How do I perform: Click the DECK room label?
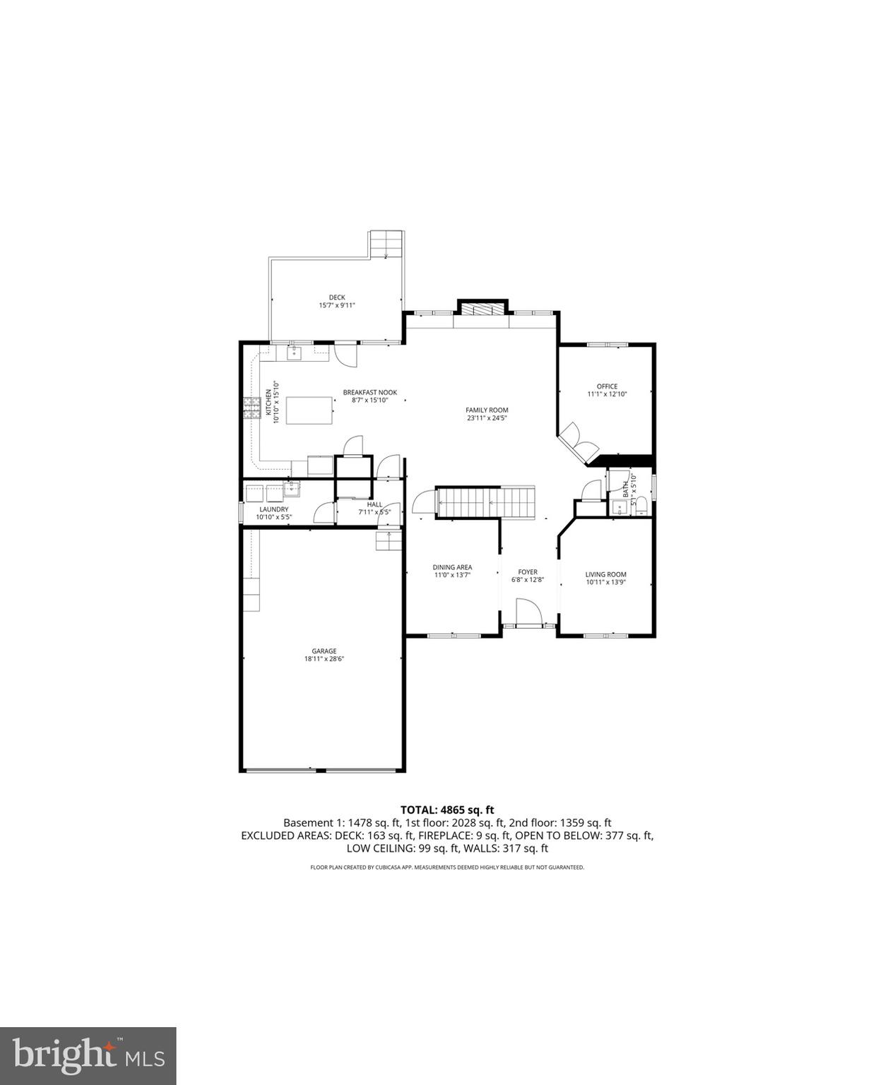[337, 297]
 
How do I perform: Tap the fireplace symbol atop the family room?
[482, 309]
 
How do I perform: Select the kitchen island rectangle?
[309, 408]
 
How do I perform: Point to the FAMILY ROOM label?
[486, 410]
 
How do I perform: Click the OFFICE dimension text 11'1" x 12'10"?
[607, 394]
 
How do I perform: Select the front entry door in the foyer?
[528, 612]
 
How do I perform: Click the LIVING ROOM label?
[605, 574]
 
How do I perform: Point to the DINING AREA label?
[452, 567]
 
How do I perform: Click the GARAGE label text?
[324, 651]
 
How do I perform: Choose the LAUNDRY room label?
[273, 509]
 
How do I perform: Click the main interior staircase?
[486, 502]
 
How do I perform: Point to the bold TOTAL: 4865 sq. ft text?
[446, 810]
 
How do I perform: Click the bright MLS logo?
[88, 1056]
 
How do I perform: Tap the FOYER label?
[527, 572]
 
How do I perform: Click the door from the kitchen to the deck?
[345, 353]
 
